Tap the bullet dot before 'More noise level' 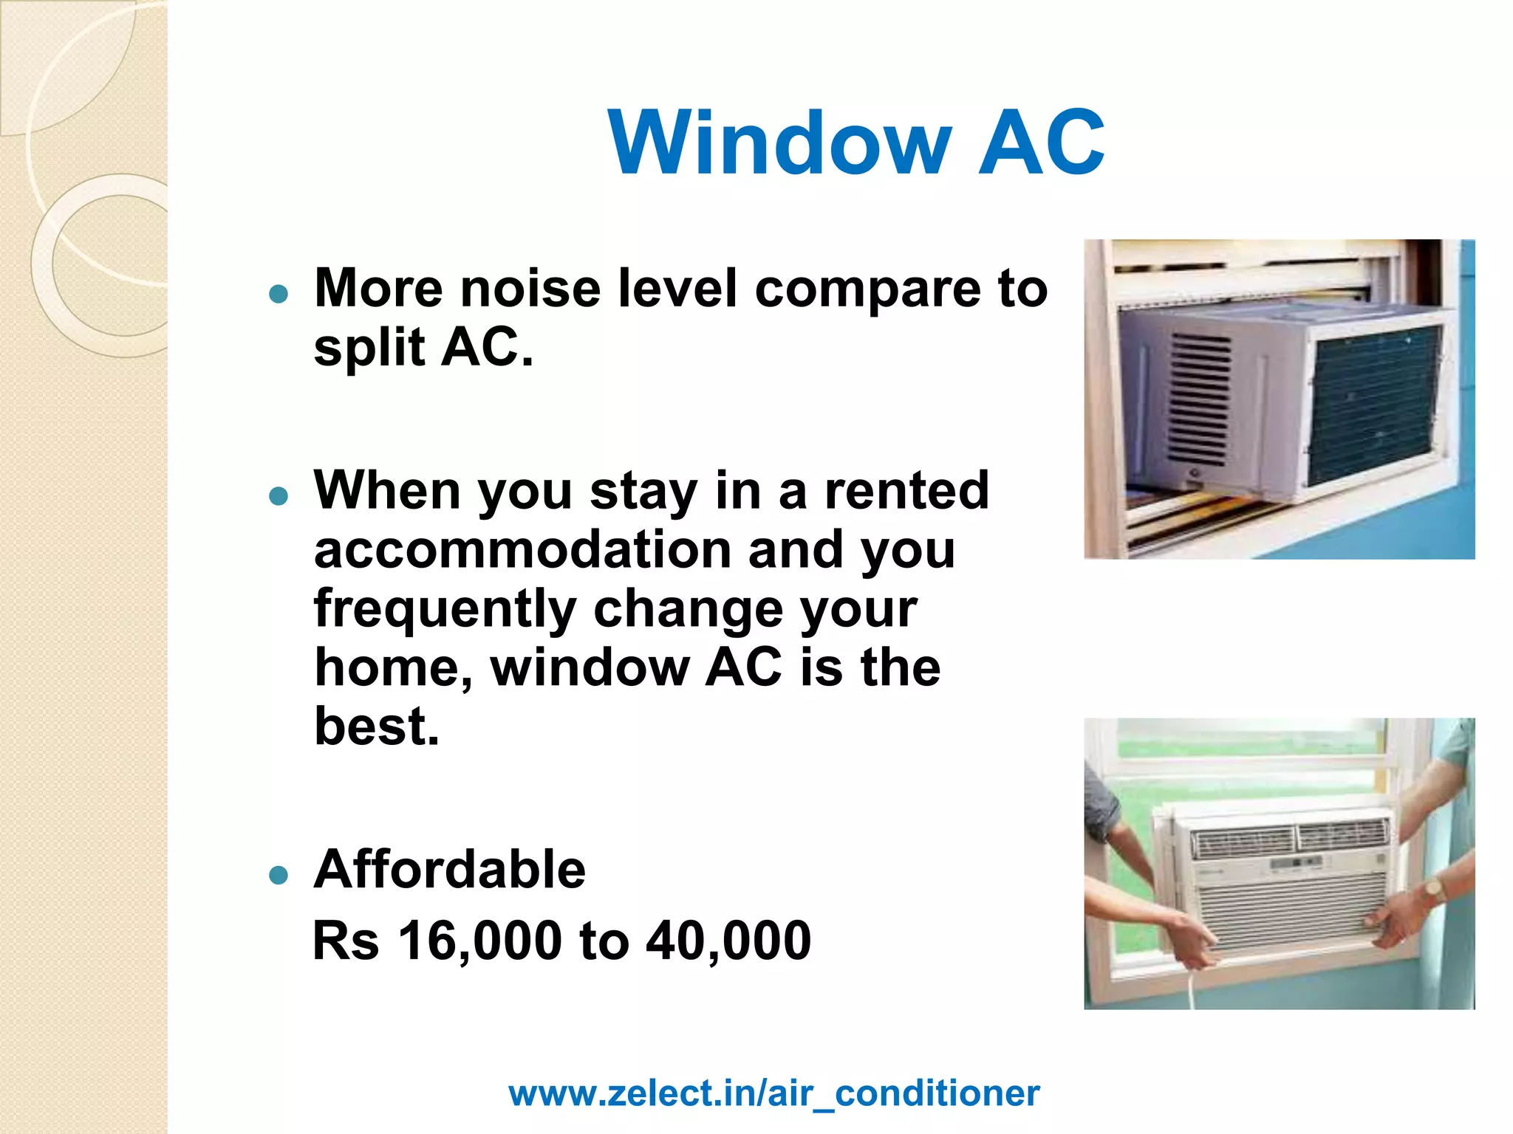tap(279, 295)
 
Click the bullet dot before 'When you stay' tap(279, 496)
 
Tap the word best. tap(376, 726)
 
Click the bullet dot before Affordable tap(279, 876)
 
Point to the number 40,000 tap(728, 941)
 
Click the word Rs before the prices tap(346, 941)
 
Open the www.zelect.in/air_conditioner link tap(773, 1093)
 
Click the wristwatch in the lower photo tap(1434, 890)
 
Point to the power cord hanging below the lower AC tap(1192, 989)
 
